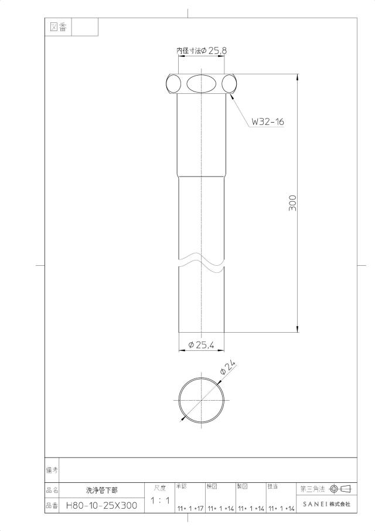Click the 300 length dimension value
pos(293,203)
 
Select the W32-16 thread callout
pos(268,121)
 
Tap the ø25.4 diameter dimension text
pos(201,345)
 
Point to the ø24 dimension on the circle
pos(227,367)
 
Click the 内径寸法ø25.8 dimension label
pos(202,51)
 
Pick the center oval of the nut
pos(201,83)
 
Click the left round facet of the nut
pos(174,83)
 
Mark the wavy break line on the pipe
pos(201,263)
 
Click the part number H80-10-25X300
pos(102,506)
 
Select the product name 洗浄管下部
pos(102,490)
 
